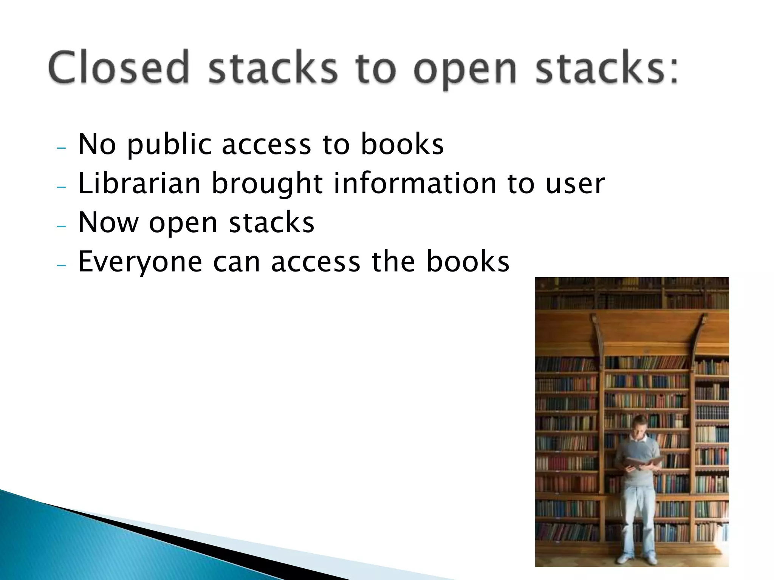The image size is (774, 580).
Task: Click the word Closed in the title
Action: [118, 68]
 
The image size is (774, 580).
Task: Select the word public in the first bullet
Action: [169, 145]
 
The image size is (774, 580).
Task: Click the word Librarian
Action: [139, 184]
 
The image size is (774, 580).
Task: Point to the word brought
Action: [267, 184]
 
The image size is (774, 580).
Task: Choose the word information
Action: [415, 184]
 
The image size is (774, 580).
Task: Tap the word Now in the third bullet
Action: [108, 222]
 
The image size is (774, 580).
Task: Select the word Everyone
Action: [140, 262]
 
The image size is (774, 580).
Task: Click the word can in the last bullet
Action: [237, 262]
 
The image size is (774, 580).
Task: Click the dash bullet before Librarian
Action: [61, 187]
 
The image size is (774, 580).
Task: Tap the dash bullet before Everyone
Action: [61, 265]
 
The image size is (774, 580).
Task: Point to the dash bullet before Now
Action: [61, 226]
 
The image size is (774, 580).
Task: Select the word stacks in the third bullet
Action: [272, 222]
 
